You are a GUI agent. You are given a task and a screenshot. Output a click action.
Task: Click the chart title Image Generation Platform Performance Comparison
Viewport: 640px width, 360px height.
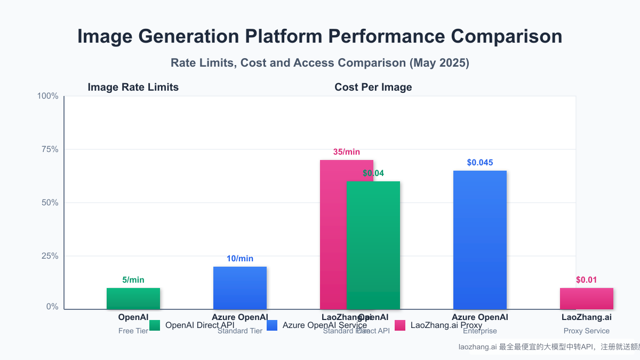pos(319,37)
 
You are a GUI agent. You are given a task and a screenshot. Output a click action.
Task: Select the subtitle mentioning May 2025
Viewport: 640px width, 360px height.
pos(319,62)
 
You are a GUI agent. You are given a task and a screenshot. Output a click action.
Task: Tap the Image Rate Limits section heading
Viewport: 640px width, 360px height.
pos(133,87)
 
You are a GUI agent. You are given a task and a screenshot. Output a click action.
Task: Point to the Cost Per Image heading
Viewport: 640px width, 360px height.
pos(373,87)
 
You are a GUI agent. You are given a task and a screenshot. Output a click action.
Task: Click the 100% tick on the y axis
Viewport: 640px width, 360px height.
pos(47,96)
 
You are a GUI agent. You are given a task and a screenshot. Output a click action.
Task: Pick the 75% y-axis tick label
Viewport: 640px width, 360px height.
pos(49,149)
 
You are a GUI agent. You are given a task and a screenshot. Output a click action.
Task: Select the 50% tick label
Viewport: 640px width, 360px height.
pos(49,203)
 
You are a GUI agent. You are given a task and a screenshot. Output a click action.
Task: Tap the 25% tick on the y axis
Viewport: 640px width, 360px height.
pos(49,256)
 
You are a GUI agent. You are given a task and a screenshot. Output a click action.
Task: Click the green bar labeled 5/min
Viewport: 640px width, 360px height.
pos(133,299)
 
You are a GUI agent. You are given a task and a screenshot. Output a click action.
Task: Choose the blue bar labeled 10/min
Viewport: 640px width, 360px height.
pos(239,288)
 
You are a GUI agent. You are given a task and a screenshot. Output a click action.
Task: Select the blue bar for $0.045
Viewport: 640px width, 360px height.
pos(479,240)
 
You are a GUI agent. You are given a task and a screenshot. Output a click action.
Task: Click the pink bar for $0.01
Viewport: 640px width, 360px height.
pos(586,299)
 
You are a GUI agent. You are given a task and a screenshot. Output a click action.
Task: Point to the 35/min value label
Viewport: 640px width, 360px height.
pos(346,152)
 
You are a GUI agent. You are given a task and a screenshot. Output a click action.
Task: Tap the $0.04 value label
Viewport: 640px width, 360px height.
pos(373,173)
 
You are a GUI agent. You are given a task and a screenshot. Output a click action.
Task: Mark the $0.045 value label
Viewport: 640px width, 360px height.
pos(479,163)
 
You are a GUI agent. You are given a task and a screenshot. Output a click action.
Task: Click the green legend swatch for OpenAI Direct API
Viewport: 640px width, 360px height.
pos(155,325)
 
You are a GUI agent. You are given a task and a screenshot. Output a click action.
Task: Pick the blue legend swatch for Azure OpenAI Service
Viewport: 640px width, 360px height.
pos(272,325)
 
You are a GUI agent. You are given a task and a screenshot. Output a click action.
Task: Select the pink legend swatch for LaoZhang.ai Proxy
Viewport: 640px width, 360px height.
pos(400,325)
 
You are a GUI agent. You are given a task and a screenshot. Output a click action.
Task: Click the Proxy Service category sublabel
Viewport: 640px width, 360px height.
pos(586,331)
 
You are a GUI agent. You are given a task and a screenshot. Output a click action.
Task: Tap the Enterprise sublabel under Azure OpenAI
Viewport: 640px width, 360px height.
pos(479,331)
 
